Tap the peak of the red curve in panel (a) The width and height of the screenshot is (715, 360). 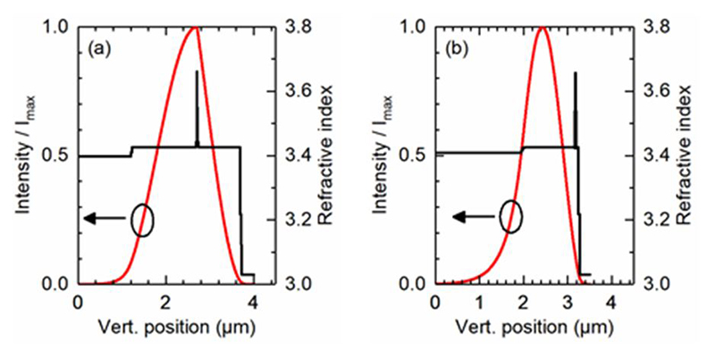[194, 29]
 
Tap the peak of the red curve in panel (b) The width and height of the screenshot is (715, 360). [542, 29]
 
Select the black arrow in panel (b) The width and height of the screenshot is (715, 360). [470, 216]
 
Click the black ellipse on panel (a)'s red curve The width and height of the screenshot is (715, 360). [141, 220]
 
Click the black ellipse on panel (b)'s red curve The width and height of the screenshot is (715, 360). [510, 217]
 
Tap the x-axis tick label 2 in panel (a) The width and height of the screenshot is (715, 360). [166, 301]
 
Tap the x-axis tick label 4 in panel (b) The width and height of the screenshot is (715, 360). [610, 301]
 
